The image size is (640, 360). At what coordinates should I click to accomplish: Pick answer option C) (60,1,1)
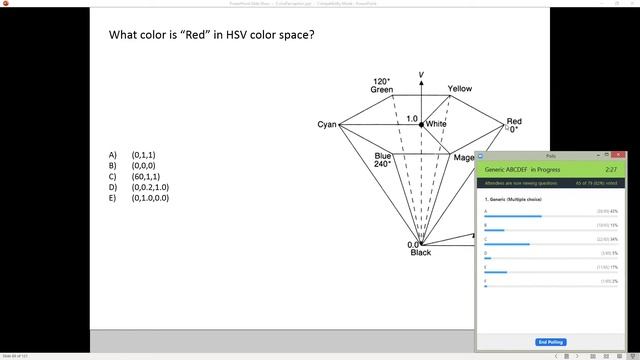coord(145,177)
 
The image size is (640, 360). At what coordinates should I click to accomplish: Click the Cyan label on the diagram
coord(327,125)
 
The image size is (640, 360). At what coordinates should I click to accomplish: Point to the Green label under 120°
coord(382,90)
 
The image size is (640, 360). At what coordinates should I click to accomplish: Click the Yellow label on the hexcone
coord(459,89)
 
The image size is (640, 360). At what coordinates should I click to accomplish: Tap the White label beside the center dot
coord(436,124)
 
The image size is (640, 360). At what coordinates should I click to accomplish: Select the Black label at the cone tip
coord(421,252)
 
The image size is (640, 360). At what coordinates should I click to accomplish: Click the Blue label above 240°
coord(383,156)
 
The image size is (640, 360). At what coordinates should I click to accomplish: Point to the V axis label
coord(421,75)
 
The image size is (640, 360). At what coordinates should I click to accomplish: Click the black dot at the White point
coord(421,124)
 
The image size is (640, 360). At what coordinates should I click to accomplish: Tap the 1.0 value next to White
coord(411,119)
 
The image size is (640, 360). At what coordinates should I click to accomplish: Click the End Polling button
coord(550,342)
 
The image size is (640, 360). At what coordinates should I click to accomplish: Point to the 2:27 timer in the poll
coord(610,170)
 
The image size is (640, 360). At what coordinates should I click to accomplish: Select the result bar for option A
coord(513,216)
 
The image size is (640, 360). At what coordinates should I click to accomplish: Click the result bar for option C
coord(507,244)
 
